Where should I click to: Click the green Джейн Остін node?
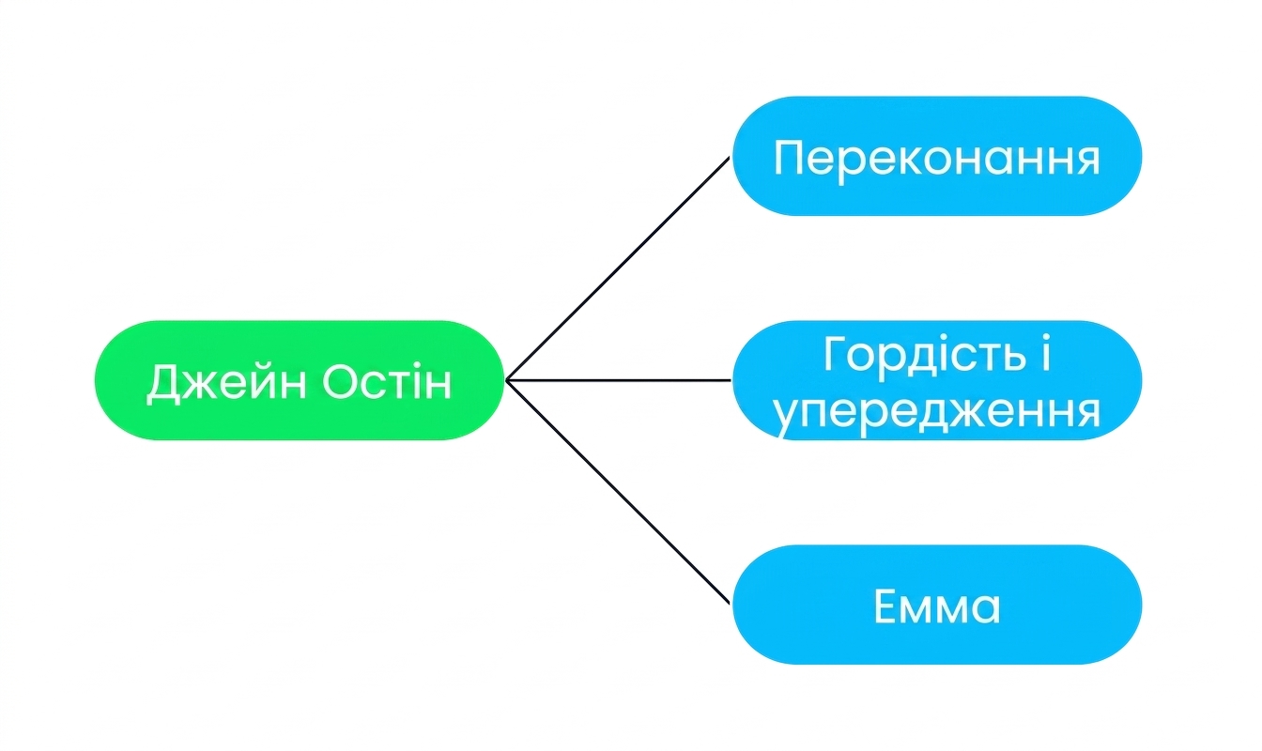pos(300,380)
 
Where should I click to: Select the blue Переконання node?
pos(937,156)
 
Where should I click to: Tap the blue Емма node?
pos(937,605)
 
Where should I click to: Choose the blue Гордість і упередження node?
pos(937,380)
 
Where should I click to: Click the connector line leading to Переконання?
pos(618,268)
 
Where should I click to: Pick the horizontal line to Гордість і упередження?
pos(619,380)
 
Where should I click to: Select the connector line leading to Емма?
pos(618,492)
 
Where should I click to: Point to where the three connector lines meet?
pos(506,380)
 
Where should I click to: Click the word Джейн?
pos(226,384)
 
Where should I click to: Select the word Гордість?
pos(924,354)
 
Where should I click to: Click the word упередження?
pos(936,412)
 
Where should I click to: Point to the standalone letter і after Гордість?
pos(1046,353)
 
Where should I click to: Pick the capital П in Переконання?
pos(790,158)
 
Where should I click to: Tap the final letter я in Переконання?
pos(1086,161)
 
